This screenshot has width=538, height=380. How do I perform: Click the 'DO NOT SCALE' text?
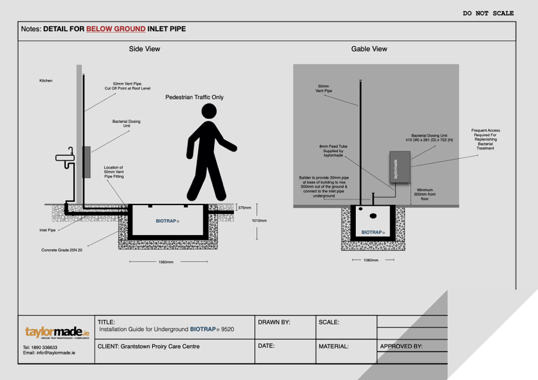click(x=488, y=13)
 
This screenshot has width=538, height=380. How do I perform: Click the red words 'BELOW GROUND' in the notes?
click(x=116, y=29)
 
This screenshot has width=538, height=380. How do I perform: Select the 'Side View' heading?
click(x=144, y=49)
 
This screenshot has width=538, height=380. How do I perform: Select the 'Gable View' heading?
click(x=369, y=49)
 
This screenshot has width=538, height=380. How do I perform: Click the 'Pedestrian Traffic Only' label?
click(x=194, y=98)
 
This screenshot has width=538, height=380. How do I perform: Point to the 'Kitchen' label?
click(x=46, y=81)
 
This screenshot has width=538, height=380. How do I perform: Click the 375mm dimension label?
click(x=245, y=208)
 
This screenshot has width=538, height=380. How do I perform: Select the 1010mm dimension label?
click(x=259, y=220)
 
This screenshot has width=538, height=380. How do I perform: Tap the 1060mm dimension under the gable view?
click(x=371, y=261)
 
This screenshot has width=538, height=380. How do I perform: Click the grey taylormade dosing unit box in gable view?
click(x=400, y=168)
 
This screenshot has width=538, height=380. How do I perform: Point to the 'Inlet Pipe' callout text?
click(x=48, y=229)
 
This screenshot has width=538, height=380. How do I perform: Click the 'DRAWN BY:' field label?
click(x=274, y=323)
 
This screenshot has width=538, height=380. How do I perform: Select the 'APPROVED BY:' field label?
click(x=401, y=347)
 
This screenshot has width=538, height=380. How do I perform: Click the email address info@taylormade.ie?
click(x=49, y=353)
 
